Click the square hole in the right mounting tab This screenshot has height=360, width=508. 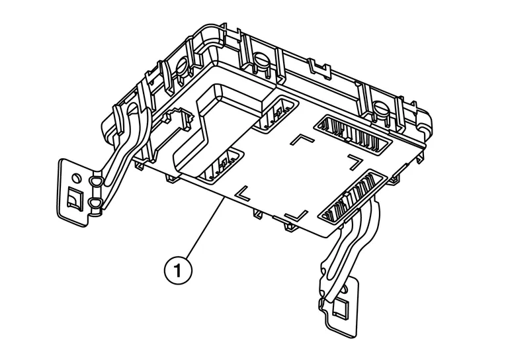point(341,306)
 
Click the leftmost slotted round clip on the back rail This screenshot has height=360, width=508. point(183,66)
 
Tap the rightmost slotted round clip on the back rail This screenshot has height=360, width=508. point(382,105)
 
